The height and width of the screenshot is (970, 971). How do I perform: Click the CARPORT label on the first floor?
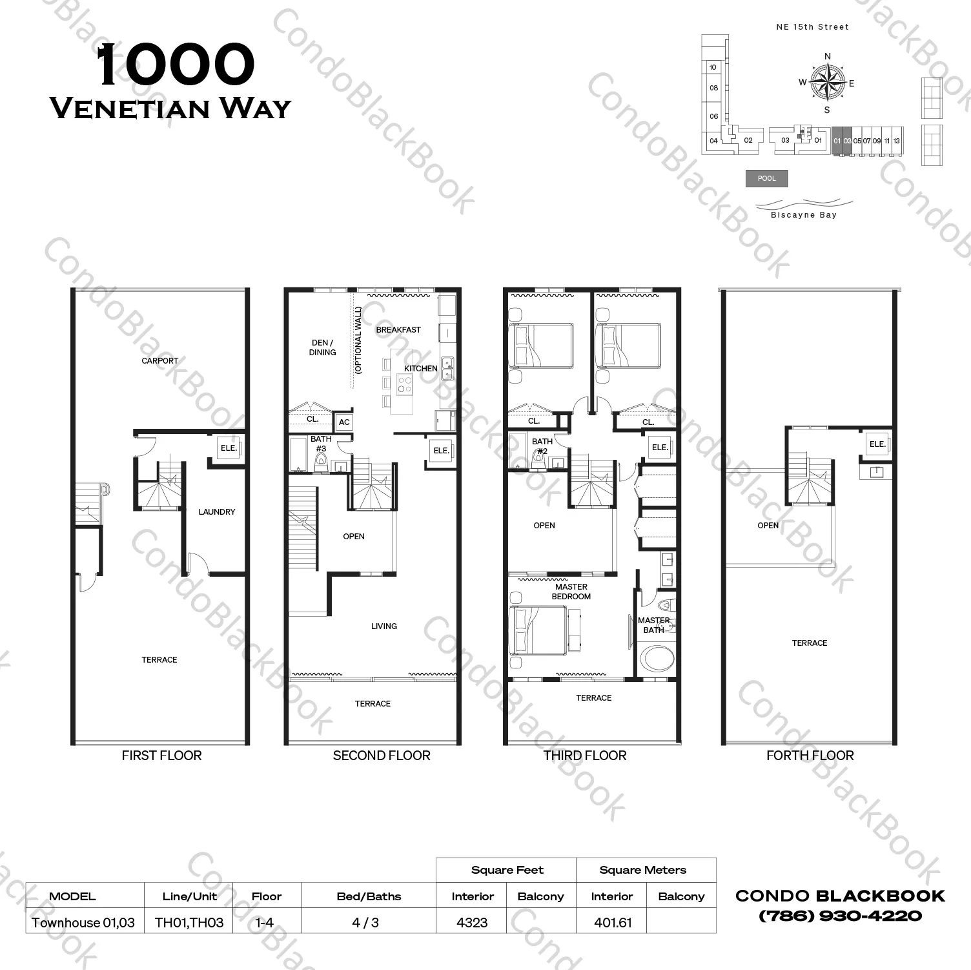click(160, 360)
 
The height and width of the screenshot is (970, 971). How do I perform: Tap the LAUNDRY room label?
click(217, 511)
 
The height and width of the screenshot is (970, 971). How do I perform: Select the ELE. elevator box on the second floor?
click(442, 450)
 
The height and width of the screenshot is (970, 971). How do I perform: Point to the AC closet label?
click(344, 422)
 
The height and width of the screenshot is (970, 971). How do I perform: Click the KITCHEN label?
click(421, 368)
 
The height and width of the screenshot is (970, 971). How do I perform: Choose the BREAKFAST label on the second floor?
click(398, 329)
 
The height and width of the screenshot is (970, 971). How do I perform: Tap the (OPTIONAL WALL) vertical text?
click(358, 340)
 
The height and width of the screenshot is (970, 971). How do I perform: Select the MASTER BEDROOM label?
click(571, 592)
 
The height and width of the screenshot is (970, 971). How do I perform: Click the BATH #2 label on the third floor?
click(542, 446)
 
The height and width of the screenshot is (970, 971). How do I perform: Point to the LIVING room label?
click(384, 626)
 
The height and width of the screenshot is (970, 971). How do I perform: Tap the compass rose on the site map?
click(828, 82)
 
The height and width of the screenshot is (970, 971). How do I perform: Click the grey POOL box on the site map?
click(767, 178)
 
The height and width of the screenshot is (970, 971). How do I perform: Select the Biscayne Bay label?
click(804, 215)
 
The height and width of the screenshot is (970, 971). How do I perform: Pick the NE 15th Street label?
click(813, 26)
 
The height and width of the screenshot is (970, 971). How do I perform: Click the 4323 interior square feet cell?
click(472, 922)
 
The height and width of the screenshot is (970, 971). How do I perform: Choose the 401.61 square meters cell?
click(613, 922)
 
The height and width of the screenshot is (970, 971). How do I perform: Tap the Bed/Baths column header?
click(369, 896)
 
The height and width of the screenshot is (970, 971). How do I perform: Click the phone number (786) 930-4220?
click(840, 916)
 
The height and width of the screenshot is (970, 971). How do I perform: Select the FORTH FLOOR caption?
click(810, 756)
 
